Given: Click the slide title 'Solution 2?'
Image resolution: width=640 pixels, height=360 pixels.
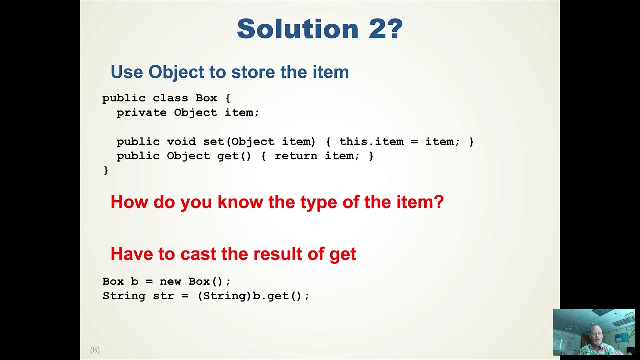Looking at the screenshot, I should (320, 29).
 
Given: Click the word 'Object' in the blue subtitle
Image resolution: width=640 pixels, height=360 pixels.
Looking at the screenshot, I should (177, 72).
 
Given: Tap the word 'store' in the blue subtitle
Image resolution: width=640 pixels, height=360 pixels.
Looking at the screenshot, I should (253, 72).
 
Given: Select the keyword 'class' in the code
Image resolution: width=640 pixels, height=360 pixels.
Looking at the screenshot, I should (170, 98).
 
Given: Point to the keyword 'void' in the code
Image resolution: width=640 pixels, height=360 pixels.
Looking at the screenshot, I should (181, 142).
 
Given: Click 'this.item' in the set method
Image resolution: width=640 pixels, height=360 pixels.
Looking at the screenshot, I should (371, 142).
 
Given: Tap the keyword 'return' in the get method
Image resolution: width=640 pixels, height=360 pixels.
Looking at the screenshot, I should (296, 156).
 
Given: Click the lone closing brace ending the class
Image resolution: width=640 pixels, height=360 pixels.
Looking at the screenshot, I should (106, 171).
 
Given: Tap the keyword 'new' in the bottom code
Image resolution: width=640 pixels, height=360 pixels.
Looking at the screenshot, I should (170, 281).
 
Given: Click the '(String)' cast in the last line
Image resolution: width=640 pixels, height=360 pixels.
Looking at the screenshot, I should (224, 296).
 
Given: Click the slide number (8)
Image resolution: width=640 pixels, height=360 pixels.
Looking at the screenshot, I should (95, 350).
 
